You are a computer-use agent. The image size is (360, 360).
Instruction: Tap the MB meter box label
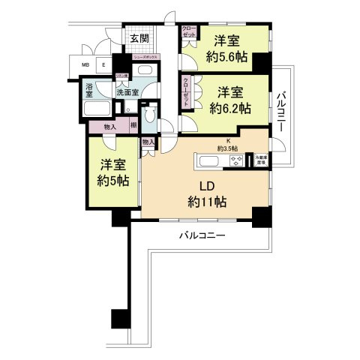pos(86,64)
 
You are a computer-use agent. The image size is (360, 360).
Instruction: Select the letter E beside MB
pos(103,64)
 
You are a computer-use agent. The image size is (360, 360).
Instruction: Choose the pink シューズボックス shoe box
pos(144,57)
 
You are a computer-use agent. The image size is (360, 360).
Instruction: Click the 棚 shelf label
pos(133,127)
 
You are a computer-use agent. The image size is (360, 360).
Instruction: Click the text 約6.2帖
pos(230,107)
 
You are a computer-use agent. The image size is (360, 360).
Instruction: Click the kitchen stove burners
pos(239,161)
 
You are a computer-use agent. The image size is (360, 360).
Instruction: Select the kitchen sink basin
pos(208,161)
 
